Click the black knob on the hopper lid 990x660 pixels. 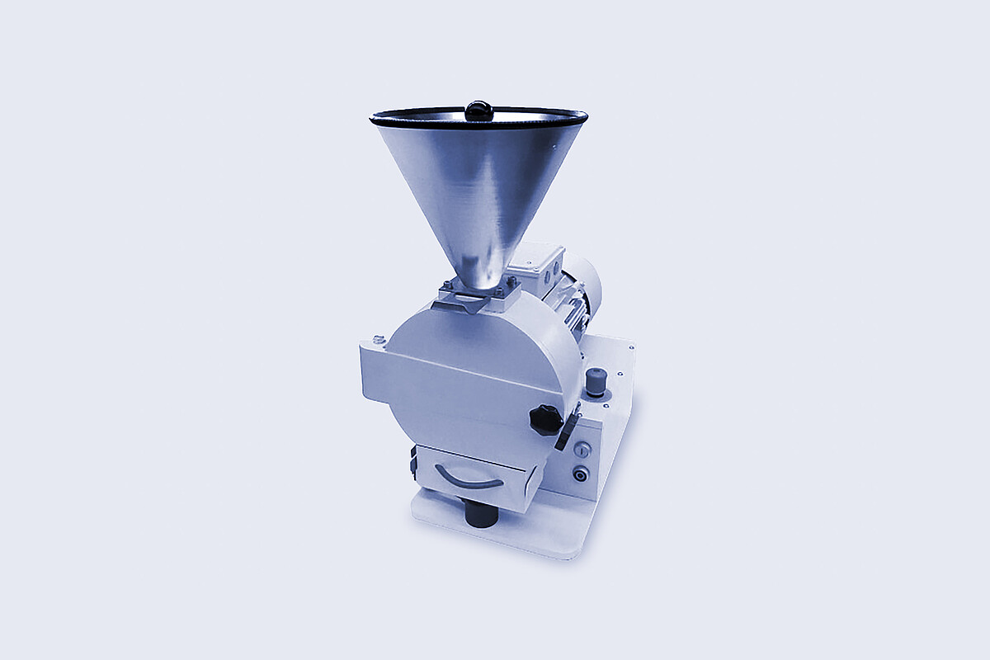tap(478, 110)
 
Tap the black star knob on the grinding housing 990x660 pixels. tap(545, 420)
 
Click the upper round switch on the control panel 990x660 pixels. tap(582, 449)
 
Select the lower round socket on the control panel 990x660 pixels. tap(581, 474)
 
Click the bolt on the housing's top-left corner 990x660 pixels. tap(379, 339)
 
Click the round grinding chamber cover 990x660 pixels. tap(478, 363)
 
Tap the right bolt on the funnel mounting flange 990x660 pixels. tap(511, 282)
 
